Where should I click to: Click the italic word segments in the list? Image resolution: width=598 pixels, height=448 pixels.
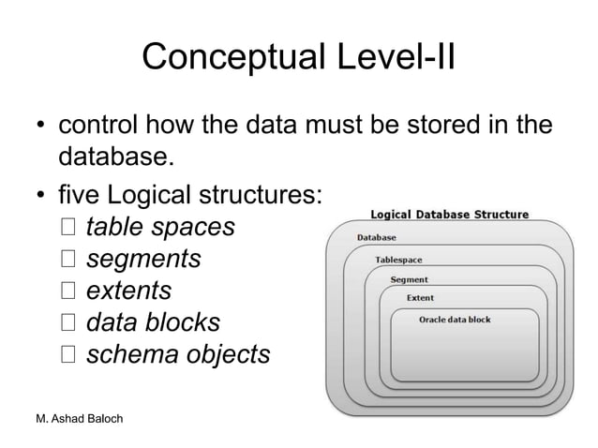tap(143, 260)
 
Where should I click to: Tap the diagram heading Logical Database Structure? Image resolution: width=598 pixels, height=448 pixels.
tap(450, 214)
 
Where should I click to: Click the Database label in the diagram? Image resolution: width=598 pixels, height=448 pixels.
tap(376, 238)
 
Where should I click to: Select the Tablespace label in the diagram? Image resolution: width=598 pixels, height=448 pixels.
tap(398, 259)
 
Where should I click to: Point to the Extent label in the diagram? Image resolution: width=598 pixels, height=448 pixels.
tap(420, 298)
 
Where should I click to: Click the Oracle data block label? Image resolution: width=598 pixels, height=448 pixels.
tap(455, 320)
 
